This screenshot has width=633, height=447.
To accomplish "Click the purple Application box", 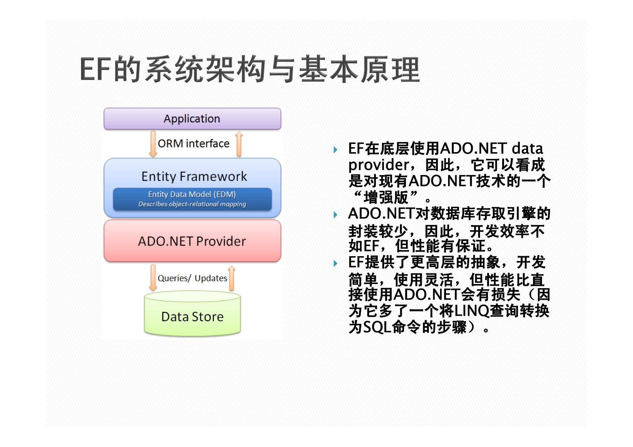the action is click(192, 119).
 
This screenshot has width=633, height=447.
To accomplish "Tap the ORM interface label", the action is click(194, 143).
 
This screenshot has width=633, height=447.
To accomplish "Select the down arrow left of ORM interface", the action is click(153, 144).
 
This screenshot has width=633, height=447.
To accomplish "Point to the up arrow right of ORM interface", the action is click(239, 144).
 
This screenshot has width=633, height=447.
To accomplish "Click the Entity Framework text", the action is click(194, 177).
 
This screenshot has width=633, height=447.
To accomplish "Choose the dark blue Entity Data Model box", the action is click(192, 199).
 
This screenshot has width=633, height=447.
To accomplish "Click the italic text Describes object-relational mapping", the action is click(192, 204).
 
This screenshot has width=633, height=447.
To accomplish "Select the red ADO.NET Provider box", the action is click(192, 241).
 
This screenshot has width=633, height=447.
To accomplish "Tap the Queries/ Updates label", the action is click(192, 278).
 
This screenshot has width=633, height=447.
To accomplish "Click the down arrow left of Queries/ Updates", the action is click(153, 278).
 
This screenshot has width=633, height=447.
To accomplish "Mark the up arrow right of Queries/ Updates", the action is click(232, 278).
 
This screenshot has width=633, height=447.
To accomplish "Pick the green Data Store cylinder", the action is click(192, 314).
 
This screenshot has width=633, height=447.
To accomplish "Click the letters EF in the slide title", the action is click(95, 69).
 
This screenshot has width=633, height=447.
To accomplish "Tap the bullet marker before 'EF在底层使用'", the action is click(335, 150).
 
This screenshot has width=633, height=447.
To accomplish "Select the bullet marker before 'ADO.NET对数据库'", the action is click(335, 215).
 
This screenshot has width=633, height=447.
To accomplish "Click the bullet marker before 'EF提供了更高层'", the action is click(335, 263).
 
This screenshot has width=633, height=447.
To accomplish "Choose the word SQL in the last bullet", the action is click(377, 327).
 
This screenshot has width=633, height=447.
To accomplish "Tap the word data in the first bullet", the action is click(527, 148).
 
